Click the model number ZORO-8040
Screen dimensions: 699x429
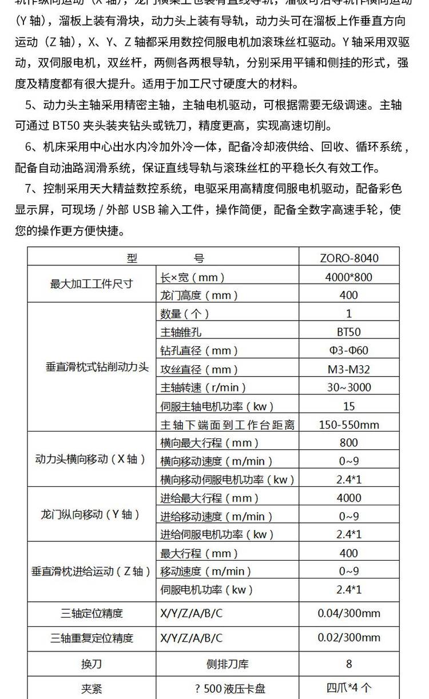tap(348, 258)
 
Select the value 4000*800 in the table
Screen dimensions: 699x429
tap(348, 277)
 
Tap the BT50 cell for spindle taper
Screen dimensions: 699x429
tap(348, 331)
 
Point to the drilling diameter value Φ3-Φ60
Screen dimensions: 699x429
tap(348, 350)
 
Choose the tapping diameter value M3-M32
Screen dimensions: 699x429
tap(348, 369)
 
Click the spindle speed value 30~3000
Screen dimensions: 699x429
tap(348, 388)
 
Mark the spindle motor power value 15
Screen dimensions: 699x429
tap(348, 406)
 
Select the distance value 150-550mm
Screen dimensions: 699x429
tap(348, 425)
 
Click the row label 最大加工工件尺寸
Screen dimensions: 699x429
tap(92, 284)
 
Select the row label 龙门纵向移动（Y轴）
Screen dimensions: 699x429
tap(91, 514)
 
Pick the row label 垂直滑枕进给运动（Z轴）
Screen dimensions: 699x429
tap(92, 570)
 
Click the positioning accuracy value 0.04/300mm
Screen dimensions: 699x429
tap(348, 613)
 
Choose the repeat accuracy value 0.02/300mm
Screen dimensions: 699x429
tap(348, 638)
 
